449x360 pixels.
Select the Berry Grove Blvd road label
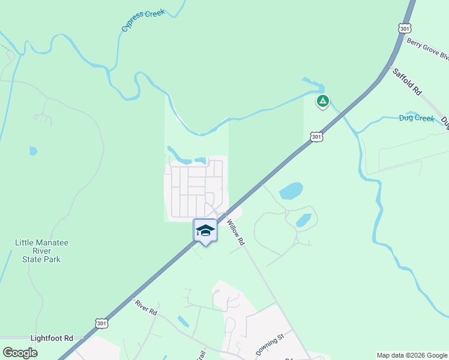click(427, 49)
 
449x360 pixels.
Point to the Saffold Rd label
click(408, 82)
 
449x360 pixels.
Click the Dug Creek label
click(416, 118)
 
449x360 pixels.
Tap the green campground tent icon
click(323, 101)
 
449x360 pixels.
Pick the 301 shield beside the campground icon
click(316, 137)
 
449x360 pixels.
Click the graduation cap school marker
click(205, 230)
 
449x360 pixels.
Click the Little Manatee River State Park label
click(41, 251)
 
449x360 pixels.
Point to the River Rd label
click(146, 307)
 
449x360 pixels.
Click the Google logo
click(20, 353)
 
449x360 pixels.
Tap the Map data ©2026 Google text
click(411, 355)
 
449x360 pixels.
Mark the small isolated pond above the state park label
click(33, 151)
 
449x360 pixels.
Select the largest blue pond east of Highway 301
click(291, 191)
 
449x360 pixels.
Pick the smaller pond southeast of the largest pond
click(304, 220)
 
